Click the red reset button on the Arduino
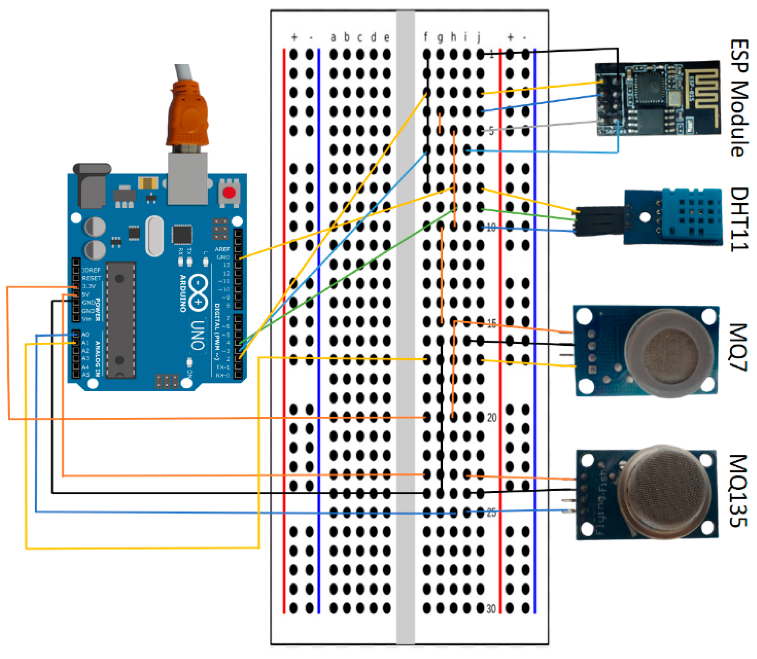[x=229, y=192]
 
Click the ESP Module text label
[x=739, y=98]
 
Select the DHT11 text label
[x=739, y=219]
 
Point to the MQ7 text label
[x=739, y=347]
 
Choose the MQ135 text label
[x=739, y=491]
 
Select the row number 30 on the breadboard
[x=491, y=609]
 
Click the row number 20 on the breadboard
[x=491, y=418]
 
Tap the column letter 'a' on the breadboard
[x=333, y=37]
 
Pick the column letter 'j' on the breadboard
[x=479, y=37]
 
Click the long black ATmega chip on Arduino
[x=120, y=320]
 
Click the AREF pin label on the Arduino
[x=222, y=249]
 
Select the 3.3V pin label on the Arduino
[x=89, y=286]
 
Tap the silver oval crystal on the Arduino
[x=154, y=236]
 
